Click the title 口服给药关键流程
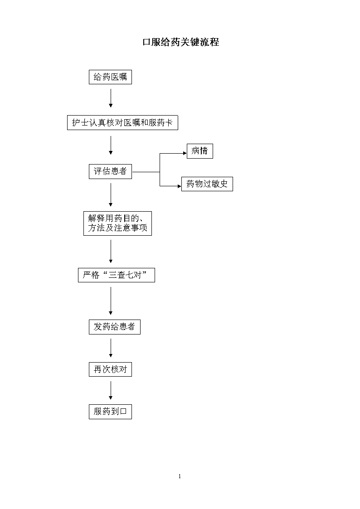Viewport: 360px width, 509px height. point(181,42)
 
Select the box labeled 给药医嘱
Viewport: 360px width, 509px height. point(110,77)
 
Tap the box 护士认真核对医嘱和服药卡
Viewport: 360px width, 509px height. point(122,123)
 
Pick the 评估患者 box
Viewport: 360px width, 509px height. point(110,171)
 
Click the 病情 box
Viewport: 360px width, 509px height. point(199,151)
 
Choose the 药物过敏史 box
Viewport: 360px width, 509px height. point(207,184)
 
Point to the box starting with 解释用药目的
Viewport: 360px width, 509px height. point(117,223)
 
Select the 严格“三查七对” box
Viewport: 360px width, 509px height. point(116,275)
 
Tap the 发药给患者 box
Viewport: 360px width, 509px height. point(115,327)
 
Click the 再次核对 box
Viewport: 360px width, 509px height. point(110,369)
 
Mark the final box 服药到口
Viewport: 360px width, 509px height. point(110,412)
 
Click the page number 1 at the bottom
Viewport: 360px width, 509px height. point(180,476)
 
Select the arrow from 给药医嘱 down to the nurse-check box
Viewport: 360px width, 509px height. point(111,98)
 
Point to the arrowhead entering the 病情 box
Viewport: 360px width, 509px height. point(185,153)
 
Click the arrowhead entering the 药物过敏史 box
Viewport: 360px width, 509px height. point(180,186)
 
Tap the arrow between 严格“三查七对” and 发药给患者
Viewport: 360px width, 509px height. point(111,301)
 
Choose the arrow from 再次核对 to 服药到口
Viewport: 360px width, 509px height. point(111,391)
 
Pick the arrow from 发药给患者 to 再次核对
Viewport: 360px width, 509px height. point(111,348)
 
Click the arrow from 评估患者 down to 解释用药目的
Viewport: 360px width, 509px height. point(111,195)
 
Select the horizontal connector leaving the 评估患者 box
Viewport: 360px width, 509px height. point(146,172)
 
